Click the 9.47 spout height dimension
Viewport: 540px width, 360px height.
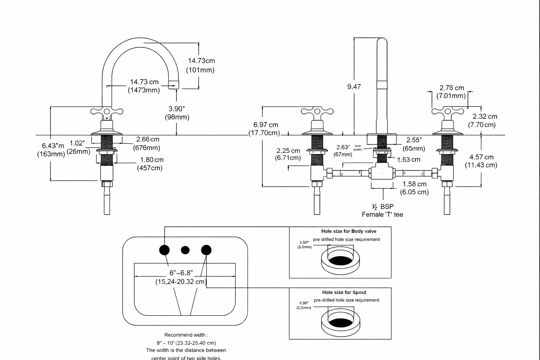(x=354, y=86)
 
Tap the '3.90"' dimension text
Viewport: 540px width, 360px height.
(x=176, y=109)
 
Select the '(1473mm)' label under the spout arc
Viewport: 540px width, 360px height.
(x=143, y=90)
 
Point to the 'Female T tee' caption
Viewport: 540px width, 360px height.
(x=382, y=214)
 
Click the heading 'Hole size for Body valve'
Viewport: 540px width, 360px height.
(x=349, y=231)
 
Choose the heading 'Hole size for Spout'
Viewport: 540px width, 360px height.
(x=344, y=292)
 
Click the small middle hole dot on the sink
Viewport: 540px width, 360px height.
(x=185, y=250)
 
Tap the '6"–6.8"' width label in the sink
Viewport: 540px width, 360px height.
(x=181, y=273)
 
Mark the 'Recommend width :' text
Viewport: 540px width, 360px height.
(x=186, y=335)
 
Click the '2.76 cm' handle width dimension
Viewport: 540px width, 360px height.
(x=451, y=88)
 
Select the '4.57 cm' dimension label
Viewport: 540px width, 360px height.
(x=481, y=157)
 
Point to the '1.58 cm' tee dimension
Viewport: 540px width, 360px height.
(x=414, y=184)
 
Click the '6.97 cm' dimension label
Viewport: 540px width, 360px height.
(x=265, y=125)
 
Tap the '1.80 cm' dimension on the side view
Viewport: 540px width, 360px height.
(x=152, y=160)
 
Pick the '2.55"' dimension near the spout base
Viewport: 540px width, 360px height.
(x=414, y=140)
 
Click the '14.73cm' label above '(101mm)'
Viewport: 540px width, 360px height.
(x=201, y=60)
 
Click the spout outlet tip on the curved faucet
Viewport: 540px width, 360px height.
(x=172, y=85)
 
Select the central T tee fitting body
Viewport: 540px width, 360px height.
(x=382, y=173)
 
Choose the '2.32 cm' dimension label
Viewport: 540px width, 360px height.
(x=484, y=116)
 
